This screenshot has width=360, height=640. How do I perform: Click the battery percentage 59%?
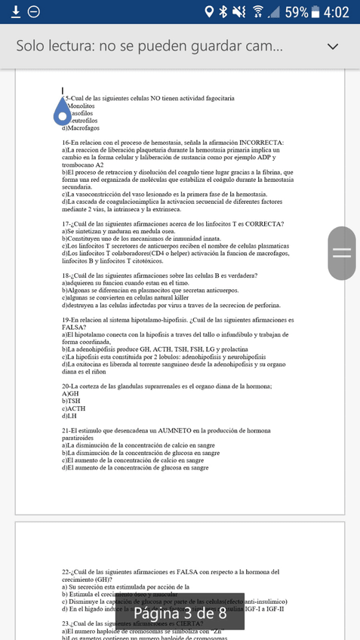[295, 12]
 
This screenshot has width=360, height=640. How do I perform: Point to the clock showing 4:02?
[335, 12]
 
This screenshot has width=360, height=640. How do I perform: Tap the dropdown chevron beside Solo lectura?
[333, 46]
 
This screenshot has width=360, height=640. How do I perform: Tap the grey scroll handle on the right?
[342, 253]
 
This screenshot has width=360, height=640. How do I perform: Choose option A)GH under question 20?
[70, 394]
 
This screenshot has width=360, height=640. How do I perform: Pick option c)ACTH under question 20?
[73, 408]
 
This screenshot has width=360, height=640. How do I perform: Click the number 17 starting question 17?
[65, 224]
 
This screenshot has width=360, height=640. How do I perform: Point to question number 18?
[65, 275]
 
